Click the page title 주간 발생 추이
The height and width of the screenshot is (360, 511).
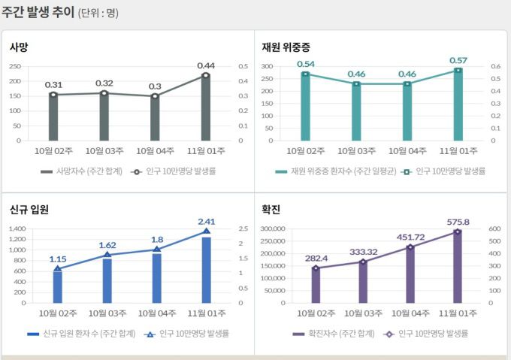pyautogui.click(x=38, y=13)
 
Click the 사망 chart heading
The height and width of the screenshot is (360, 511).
pyautogui.click(x=19, y=47)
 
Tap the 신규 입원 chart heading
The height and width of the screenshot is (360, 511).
pyautogui.click(x=29, y=210)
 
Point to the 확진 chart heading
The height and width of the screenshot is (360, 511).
pyautogui.click(x=271, y=210)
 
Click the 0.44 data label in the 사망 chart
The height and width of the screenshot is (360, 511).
pyautogui.click(x=206, y=65)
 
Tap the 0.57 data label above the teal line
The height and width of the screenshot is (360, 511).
pyautogui.click(x=458, y=60)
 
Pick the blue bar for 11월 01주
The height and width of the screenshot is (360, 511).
pyautogui.click(x=206, y=271)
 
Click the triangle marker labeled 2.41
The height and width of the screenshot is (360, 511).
pyautogui.click(x=206, y=231)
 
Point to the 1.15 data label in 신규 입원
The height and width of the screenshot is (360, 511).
pyautogui.click(x=58, y=259)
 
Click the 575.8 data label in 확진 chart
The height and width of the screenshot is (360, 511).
pyautogui.click(x=457, y=222)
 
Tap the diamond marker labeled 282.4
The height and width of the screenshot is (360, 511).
pyautogui.click(x=316, y=268)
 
